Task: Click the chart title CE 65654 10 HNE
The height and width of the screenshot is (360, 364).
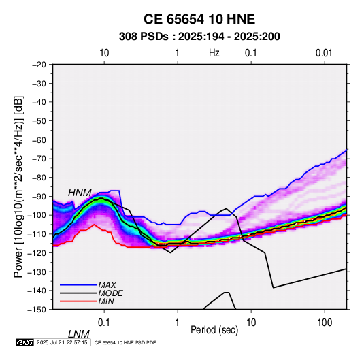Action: (x=199, y=19)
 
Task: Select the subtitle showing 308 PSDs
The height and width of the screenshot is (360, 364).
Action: (x=199, y=37)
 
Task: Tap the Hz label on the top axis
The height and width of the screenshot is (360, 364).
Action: (x=214, y=53)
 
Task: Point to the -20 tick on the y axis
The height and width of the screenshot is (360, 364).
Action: (x=39, y=65)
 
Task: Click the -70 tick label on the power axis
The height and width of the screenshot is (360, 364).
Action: (x=39, y=159)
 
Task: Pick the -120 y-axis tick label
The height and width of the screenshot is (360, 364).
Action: (x=37, y=252)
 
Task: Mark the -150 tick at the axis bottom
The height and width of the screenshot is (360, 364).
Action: (x=37, y=310)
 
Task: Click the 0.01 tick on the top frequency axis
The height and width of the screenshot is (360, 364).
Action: (x=324, y=53)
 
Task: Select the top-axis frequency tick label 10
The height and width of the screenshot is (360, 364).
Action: (x=104, y=53)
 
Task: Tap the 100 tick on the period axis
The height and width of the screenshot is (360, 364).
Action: (x=325, y=323)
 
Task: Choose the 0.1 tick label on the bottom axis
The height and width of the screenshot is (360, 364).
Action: (x=104, y=323)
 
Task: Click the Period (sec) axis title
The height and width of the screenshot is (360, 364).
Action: (x=214, y=330)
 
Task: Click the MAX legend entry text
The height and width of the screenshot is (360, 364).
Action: (x=107, y=285)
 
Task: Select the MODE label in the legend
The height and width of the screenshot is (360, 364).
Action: (x=110, y=293)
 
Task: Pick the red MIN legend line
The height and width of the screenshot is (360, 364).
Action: (x=78, y=301)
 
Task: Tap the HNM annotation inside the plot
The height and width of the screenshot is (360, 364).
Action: (x=80, y=193)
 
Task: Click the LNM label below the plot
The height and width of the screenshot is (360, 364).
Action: (x=79, y=334)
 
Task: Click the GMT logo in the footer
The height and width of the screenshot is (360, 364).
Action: (x=25, y=342)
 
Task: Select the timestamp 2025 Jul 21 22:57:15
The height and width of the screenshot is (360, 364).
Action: (x=62, y=342)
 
